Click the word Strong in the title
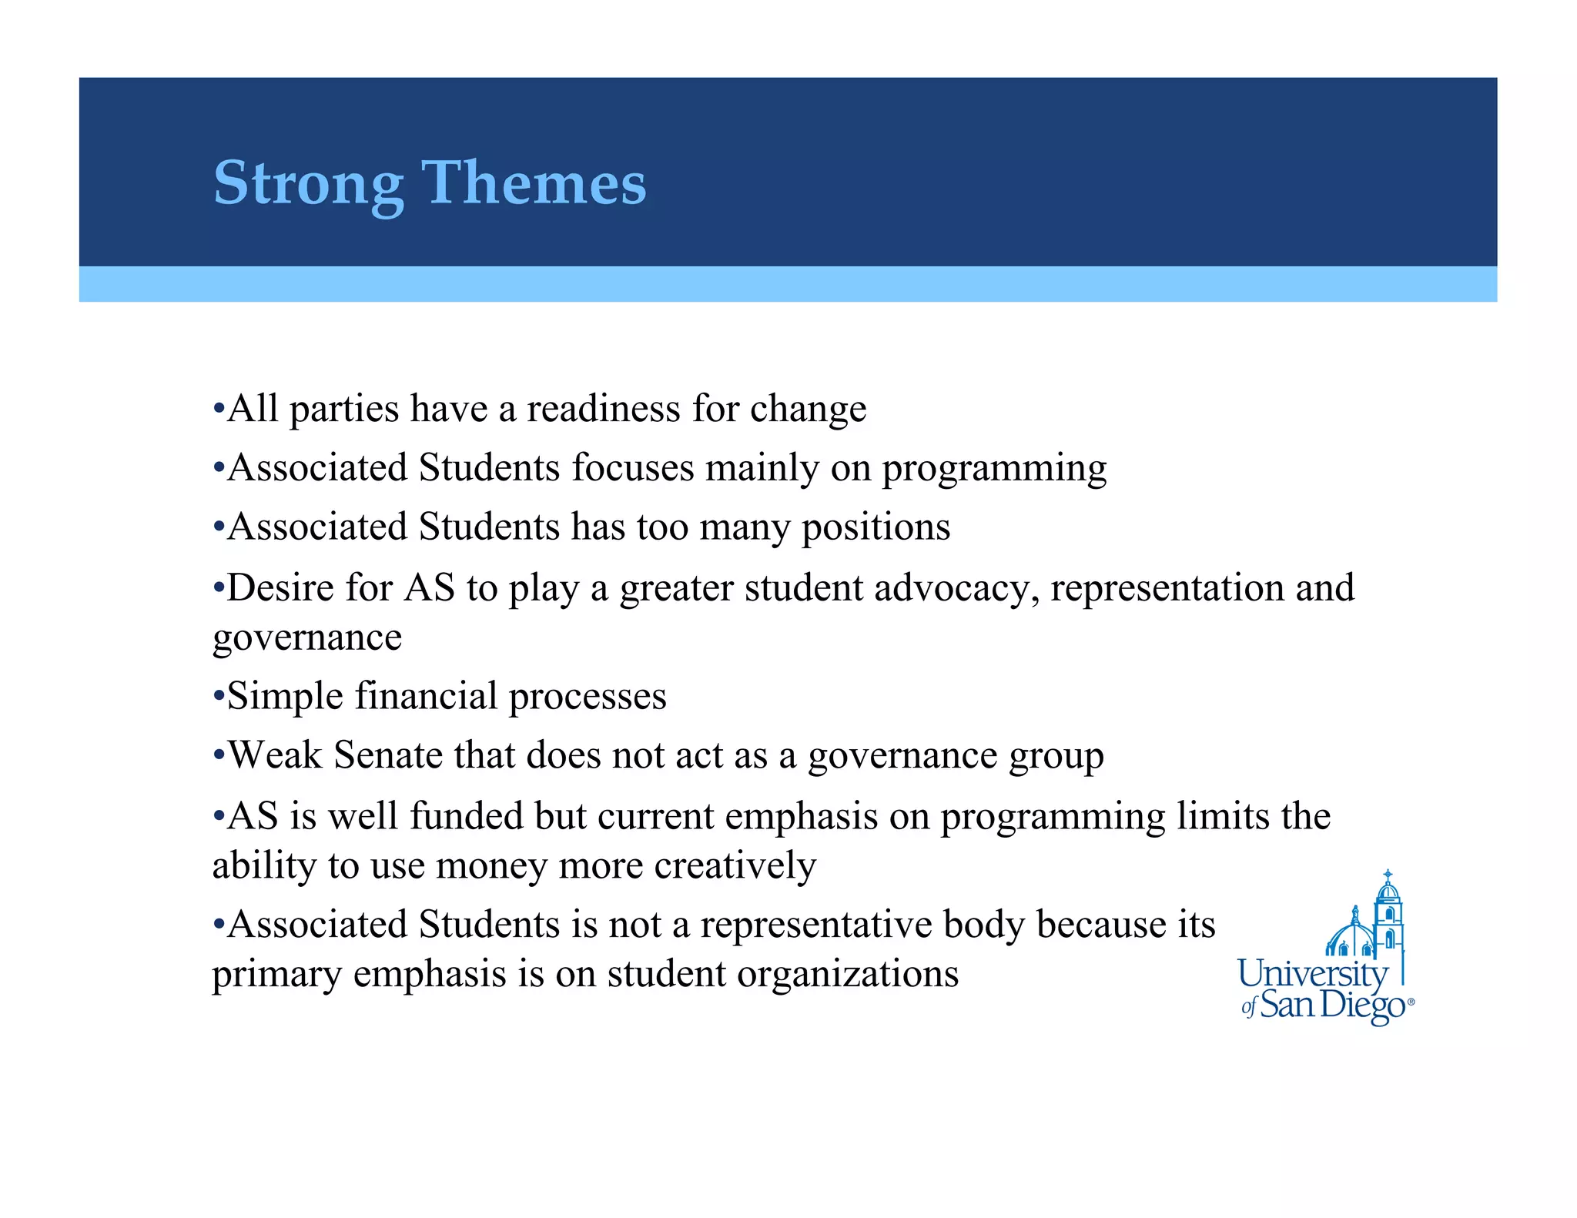coord(308,183)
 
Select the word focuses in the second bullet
coord(633,468)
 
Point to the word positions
coord(876,528)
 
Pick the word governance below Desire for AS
coord(306,638)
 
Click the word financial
coord(426,696)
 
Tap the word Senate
coord(388,755)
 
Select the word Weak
coord(275,755)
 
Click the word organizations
coord(847,975)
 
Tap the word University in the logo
coord(1311,975)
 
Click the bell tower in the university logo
coord(1388,916)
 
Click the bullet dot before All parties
coord(219,410)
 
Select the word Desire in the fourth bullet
coord(280,589)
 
